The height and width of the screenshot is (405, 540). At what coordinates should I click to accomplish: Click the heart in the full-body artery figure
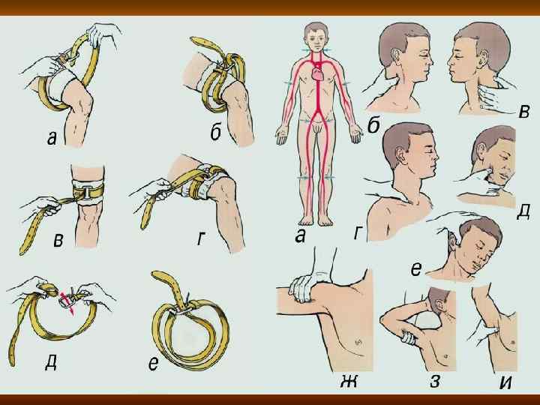click(317, 73)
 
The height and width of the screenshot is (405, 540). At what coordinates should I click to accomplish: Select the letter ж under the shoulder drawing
click(349, 381)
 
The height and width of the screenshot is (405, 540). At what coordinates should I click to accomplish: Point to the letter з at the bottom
click(434, 382)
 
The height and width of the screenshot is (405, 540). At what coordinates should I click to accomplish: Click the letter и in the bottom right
click(505, 381)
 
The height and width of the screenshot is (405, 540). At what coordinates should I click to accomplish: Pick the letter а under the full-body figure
click(300, 235)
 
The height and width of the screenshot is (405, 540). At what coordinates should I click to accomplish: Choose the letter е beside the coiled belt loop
click(153, 364)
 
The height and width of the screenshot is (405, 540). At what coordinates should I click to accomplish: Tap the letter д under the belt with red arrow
click(51, 363)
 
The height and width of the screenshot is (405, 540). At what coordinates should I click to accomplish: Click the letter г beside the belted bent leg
click(200, 238)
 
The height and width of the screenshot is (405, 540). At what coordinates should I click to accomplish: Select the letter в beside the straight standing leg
click(58, 241)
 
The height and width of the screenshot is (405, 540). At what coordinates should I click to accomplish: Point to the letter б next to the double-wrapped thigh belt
click(215, 133)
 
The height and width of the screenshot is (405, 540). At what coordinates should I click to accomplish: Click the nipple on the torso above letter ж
click(358, 341)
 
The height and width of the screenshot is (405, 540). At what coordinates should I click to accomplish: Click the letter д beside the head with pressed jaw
click(523, 211)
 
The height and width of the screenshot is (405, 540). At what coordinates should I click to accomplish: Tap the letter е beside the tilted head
click(416, 269)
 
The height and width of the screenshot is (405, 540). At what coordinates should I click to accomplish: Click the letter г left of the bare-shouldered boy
click(358, 233)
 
